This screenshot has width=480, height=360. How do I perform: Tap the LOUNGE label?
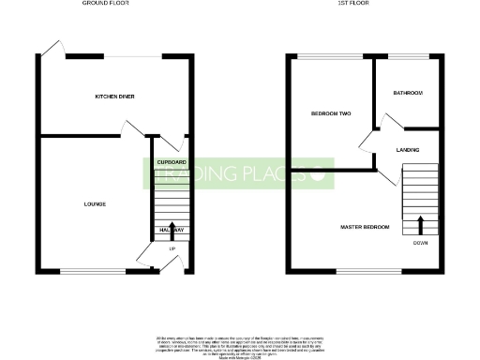click(x=95, y=203)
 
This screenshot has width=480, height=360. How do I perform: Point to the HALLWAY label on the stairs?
click(x=172, y=231)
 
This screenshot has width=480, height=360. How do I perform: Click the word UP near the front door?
click(x=172, y=248)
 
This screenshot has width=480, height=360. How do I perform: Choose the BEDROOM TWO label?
click(x=331, y=114)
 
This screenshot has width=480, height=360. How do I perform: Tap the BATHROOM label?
click(x=408, y=93)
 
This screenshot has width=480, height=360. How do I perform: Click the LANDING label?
click(x=408, y=150)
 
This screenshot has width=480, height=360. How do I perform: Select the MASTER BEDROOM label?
click(x=365, y=227)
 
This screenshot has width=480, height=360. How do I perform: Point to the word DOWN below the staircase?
click(x=420, y=243)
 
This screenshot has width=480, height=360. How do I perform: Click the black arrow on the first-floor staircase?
click(x=420, y=224)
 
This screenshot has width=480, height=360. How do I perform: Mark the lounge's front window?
click(x=93, y=271)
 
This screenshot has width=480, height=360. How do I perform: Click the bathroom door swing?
click(x=387, y=121)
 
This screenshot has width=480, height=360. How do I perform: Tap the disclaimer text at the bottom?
click(x=240, y=344)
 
